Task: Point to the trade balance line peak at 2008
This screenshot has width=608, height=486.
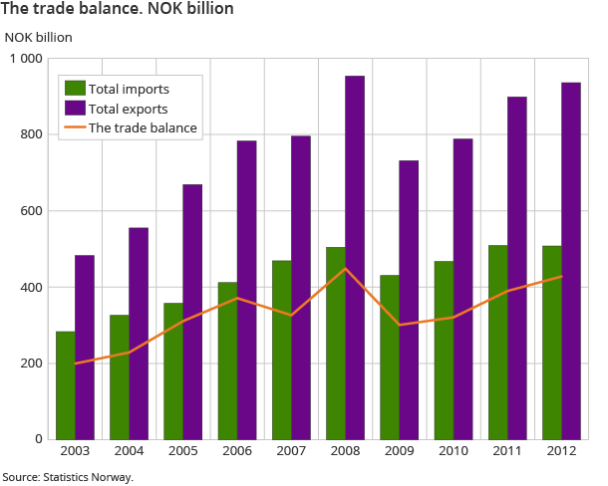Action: coord(345,269)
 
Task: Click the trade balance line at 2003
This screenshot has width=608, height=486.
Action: coord(76,364)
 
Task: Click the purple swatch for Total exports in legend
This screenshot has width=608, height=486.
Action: coord(74,109)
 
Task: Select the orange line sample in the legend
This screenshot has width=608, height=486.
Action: coord(74,127)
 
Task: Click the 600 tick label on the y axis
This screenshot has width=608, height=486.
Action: coord(31,211)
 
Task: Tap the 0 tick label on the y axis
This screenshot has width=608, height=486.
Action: coord(38,439)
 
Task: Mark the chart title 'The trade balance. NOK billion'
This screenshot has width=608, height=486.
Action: coord(118,10)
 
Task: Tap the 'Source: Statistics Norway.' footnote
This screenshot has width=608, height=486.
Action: coord(68,477)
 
